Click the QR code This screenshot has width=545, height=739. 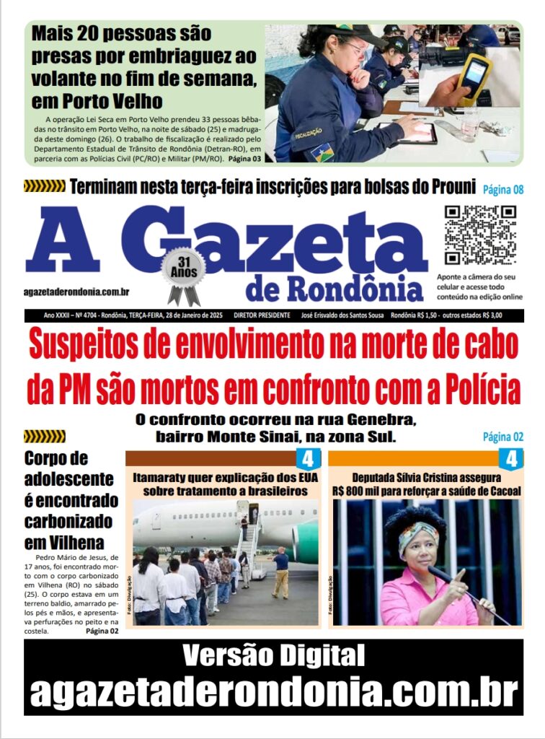pos(479,235)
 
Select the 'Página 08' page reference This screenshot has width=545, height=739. pos(503,189)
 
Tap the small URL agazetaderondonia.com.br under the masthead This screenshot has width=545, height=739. pos(76,292)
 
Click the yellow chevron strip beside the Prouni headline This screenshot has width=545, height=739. pos(44,186)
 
